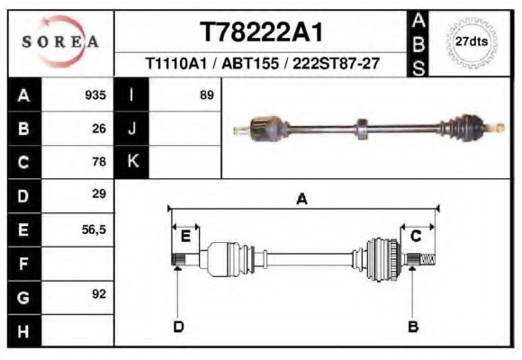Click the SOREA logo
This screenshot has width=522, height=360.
[x=60, y=42]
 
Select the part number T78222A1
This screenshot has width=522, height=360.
[x=261, y=32]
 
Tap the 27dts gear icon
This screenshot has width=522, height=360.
[x=472, y=42]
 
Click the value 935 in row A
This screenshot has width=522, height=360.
[x=95, y=94]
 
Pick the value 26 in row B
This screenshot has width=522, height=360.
[x=99, y=128]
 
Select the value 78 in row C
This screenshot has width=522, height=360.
[x=99, y=162]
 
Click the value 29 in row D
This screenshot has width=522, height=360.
[x=99, y=194]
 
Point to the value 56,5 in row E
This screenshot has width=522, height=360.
[x=94, y=229]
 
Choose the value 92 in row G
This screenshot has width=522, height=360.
[x=99, y=294]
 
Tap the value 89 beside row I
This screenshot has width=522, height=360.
[x=206, y=94]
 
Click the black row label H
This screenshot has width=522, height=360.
[x=23, y=331]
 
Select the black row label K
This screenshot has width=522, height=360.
[x=132, y=161]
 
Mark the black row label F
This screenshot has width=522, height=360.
[x=23, y=264]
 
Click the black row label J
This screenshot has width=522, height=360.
[x=132, y=128]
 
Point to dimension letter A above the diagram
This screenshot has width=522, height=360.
[x=301, y=200]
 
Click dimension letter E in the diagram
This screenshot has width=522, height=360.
[x=185, y=236]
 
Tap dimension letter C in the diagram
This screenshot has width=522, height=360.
[x=416, y=236]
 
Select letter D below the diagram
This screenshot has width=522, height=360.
[x=178, y=326]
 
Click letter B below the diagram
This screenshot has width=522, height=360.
[x=413, y=326]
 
